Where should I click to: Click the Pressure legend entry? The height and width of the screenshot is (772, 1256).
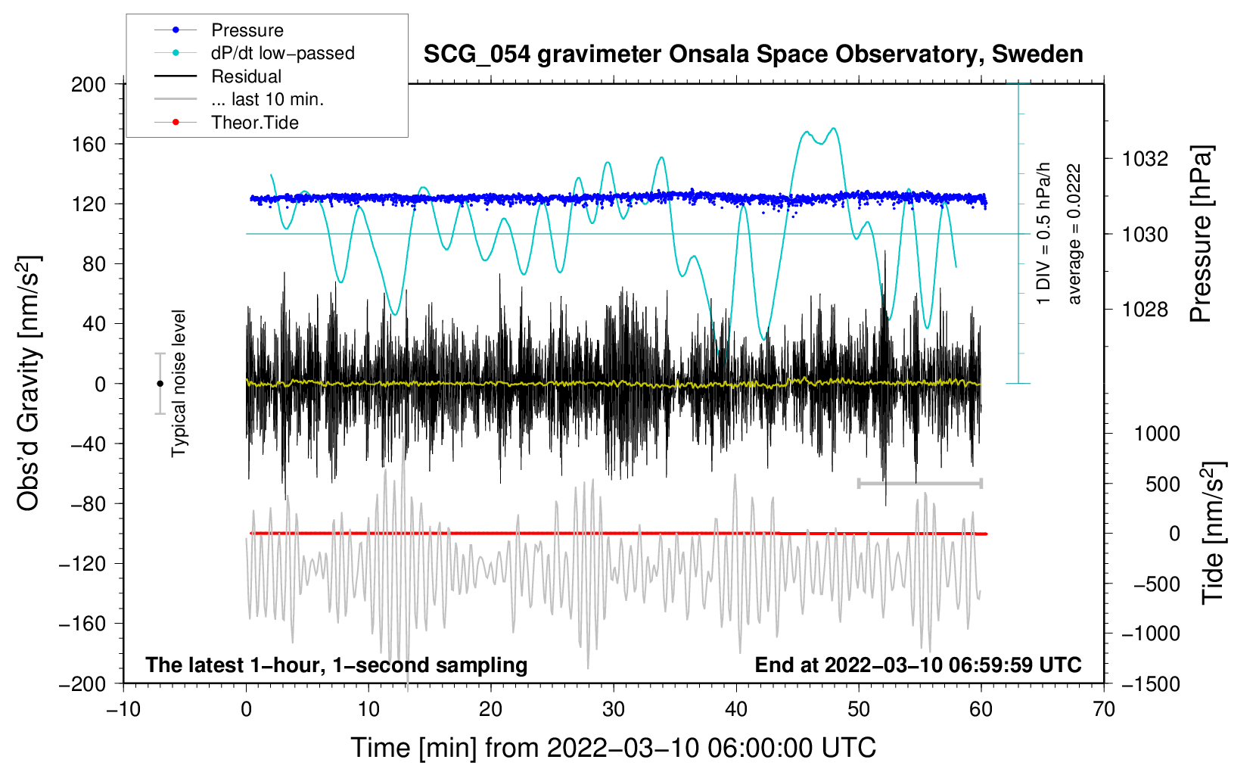point(219,30)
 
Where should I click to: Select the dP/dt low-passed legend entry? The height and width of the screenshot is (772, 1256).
point(254,53)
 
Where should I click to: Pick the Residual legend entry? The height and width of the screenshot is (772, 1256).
point(218,76)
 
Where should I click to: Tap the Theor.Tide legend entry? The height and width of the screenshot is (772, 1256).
point(226,123)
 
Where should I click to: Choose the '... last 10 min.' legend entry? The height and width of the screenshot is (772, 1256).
point(239,99)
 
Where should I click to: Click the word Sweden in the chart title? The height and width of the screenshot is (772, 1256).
point(1037,54)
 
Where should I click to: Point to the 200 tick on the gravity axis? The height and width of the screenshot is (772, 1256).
point(89,84)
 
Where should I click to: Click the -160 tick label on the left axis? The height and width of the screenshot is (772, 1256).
point(82,624)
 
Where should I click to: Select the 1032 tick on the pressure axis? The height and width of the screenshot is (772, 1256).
point(1145,159)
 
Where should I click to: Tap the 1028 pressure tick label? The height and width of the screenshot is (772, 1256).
point(1145,309)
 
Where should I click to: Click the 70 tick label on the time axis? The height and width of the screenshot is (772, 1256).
point(1103,709)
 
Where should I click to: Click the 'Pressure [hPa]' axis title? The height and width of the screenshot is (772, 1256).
point(1201,235)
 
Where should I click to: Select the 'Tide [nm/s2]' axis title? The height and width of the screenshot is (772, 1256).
point(1214,533)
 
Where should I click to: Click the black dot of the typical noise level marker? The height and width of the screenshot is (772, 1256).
point(160,384)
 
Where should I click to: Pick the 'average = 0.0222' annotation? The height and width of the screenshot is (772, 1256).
point(1073,234)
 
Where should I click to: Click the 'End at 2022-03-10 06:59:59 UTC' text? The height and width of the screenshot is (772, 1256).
point(918,665)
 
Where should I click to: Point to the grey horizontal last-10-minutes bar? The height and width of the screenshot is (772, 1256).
point(919,483)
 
